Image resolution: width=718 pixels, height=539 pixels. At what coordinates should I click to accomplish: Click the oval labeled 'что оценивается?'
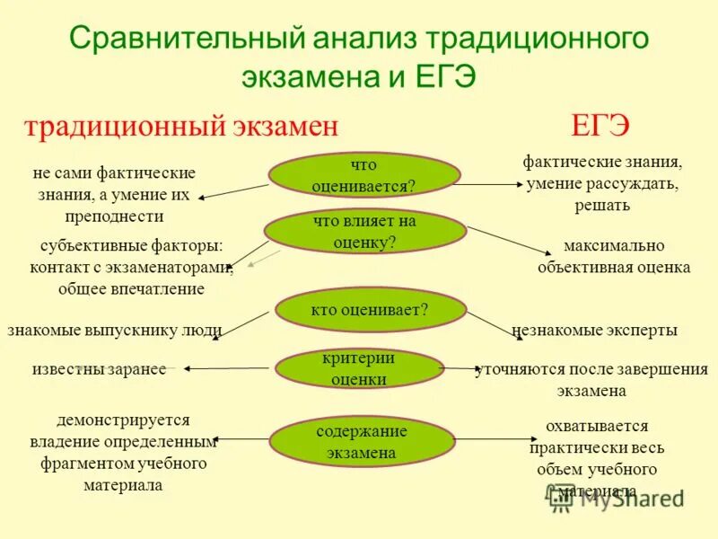click(x=363, y=174)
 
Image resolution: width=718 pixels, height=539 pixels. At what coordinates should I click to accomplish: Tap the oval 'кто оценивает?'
click(x=369, y=310)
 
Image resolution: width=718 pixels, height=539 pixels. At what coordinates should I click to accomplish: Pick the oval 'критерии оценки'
click(x=358, y=369)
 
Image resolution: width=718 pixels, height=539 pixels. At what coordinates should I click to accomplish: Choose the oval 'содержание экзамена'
click(x=362, y=442)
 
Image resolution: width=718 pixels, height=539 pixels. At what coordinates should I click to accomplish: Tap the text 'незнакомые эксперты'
click(x=594, y=331)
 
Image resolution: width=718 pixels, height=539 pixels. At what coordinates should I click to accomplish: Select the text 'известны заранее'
click(x=100, y=369)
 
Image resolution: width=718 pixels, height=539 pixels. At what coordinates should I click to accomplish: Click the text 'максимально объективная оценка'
click(x=614, y=256)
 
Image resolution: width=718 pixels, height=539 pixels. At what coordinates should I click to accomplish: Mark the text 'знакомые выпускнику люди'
click(x=114, y=330)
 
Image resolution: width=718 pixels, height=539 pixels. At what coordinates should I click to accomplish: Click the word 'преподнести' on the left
click(x=114, y=216)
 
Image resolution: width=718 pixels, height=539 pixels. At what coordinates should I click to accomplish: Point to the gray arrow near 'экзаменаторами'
click(x=258, y=261)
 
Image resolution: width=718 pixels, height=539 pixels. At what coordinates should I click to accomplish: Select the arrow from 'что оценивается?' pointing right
click(x=490, y=184)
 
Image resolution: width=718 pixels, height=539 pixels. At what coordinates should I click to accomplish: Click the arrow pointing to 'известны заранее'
click(x=225, y=367)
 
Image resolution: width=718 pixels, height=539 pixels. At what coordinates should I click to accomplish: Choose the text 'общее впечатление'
click(x=131, y=288)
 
